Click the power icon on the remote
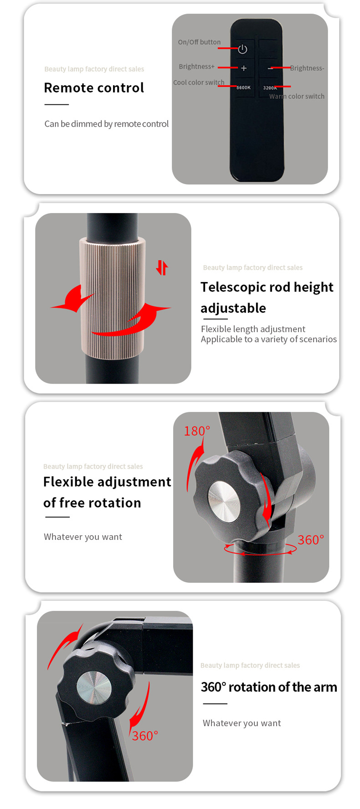pos(242,49)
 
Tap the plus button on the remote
pos(244,68)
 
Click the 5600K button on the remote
pos(243,87)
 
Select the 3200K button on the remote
pos(269,88)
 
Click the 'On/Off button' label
pos(199,42)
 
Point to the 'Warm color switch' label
pos(297,96)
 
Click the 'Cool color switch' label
pos(199,82)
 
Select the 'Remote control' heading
pos(94,87)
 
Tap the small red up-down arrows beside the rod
pos(162,267)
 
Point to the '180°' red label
pos(197,431)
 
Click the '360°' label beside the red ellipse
pos(311,540)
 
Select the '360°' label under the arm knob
pos(145,736)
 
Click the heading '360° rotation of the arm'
pos(269,687)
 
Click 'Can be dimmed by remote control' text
pos(107,124)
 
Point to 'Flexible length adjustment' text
pos(253,329)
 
